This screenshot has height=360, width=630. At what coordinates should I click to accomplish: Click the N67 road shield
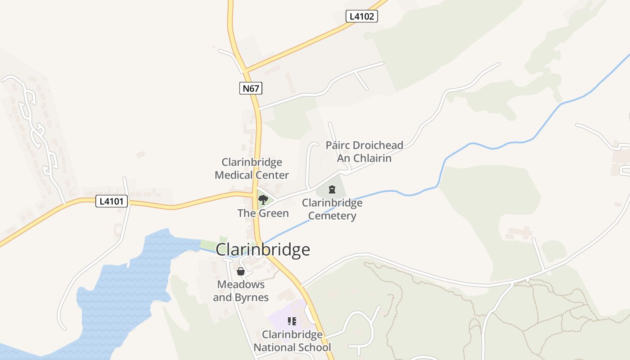pos(251,88)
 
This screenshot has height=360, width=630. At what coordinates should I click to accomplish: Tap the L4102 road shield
pos(361,17)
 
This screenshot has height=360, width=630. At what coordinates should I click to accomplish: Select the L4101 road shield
pos(112,201)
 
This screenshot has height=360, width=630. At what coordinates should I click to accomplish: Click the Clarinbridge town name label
pos(263,249)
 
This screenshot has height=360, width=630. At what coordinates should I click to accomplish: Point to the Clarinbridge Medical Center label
pos(252,168)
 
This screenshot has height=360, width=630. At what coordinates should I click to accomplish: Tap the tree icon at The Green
pos(263,199)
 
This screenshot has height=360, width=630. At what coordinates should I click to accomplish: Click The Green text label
pos(263,213)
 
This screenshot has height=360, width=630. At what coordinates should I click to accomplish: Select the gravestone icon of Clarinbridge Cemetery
pos(332,189)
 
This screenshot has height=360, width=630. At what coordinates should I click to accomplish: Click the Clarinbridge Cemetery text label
pos(332,209)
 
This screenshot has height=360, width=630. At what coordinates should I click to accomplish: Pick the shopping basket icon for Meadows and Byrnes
pos(241,271)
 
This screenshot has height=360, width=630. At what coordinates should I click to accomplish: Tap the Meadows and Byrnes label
pos(241,291)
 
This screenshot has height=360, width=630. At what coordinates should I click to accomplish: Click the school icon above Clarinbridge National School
pos(292,321)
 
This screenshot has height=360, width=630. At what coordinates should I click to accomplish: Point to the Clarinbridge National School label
pos(292,341)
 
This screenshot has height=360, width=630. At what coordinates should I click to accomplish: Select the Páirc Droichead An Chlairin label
pos(364,152)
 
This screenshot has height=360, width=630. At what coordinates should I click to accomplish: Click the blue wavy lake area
pos(121,288)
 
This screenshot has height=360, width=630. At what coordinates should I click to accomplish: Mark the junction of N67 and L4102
pos(245,71)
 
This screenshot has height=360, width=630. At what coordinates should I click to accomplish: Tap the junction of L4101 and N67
pos(255,194)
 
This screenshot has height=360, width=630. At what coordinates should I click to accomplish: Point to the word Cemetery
pos(332,216)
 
